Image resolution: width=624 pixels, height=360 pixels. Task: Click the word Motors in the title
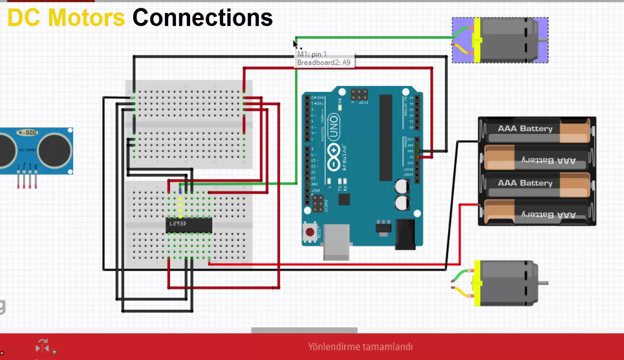[86, 18]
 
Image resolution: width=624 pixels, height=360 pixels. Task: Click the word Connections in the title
[202, 18]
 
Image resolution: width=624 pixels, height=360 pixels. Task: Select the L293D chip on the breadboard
[189, 224]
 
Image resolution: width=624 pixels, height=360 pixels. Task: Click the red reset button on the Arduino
[310, 232]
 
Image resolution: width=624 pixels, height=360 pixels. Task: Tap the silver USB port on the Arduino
[336, 241]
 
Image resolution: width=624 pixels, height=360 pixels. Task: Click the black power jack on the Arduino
[405, 235]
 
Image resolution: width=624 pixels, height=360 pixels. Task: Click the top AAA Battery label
[525, 129]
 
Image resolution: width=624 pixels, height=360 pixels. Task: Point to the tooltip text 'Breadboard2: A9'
[324, 62]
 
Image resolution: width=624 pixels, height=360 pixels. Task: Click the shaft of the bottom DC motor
[543, 283]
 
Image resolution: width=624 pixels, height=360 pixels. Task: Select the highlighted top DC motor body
[507, 40]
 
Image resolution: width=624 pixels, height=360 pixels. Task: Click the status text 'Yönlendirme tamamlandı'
[360, 347]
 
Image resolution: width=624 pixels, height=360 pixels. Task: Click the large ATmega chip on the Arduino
[385, 137]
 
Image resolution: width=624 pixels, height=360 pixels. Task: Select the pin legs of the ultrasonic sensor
[27, 181]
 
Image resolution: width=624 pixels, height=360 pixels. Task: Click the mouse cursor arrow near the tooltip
[295, 43]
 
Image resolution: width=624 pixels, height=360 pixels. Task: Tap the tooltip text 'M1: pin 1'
[312, 54]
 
